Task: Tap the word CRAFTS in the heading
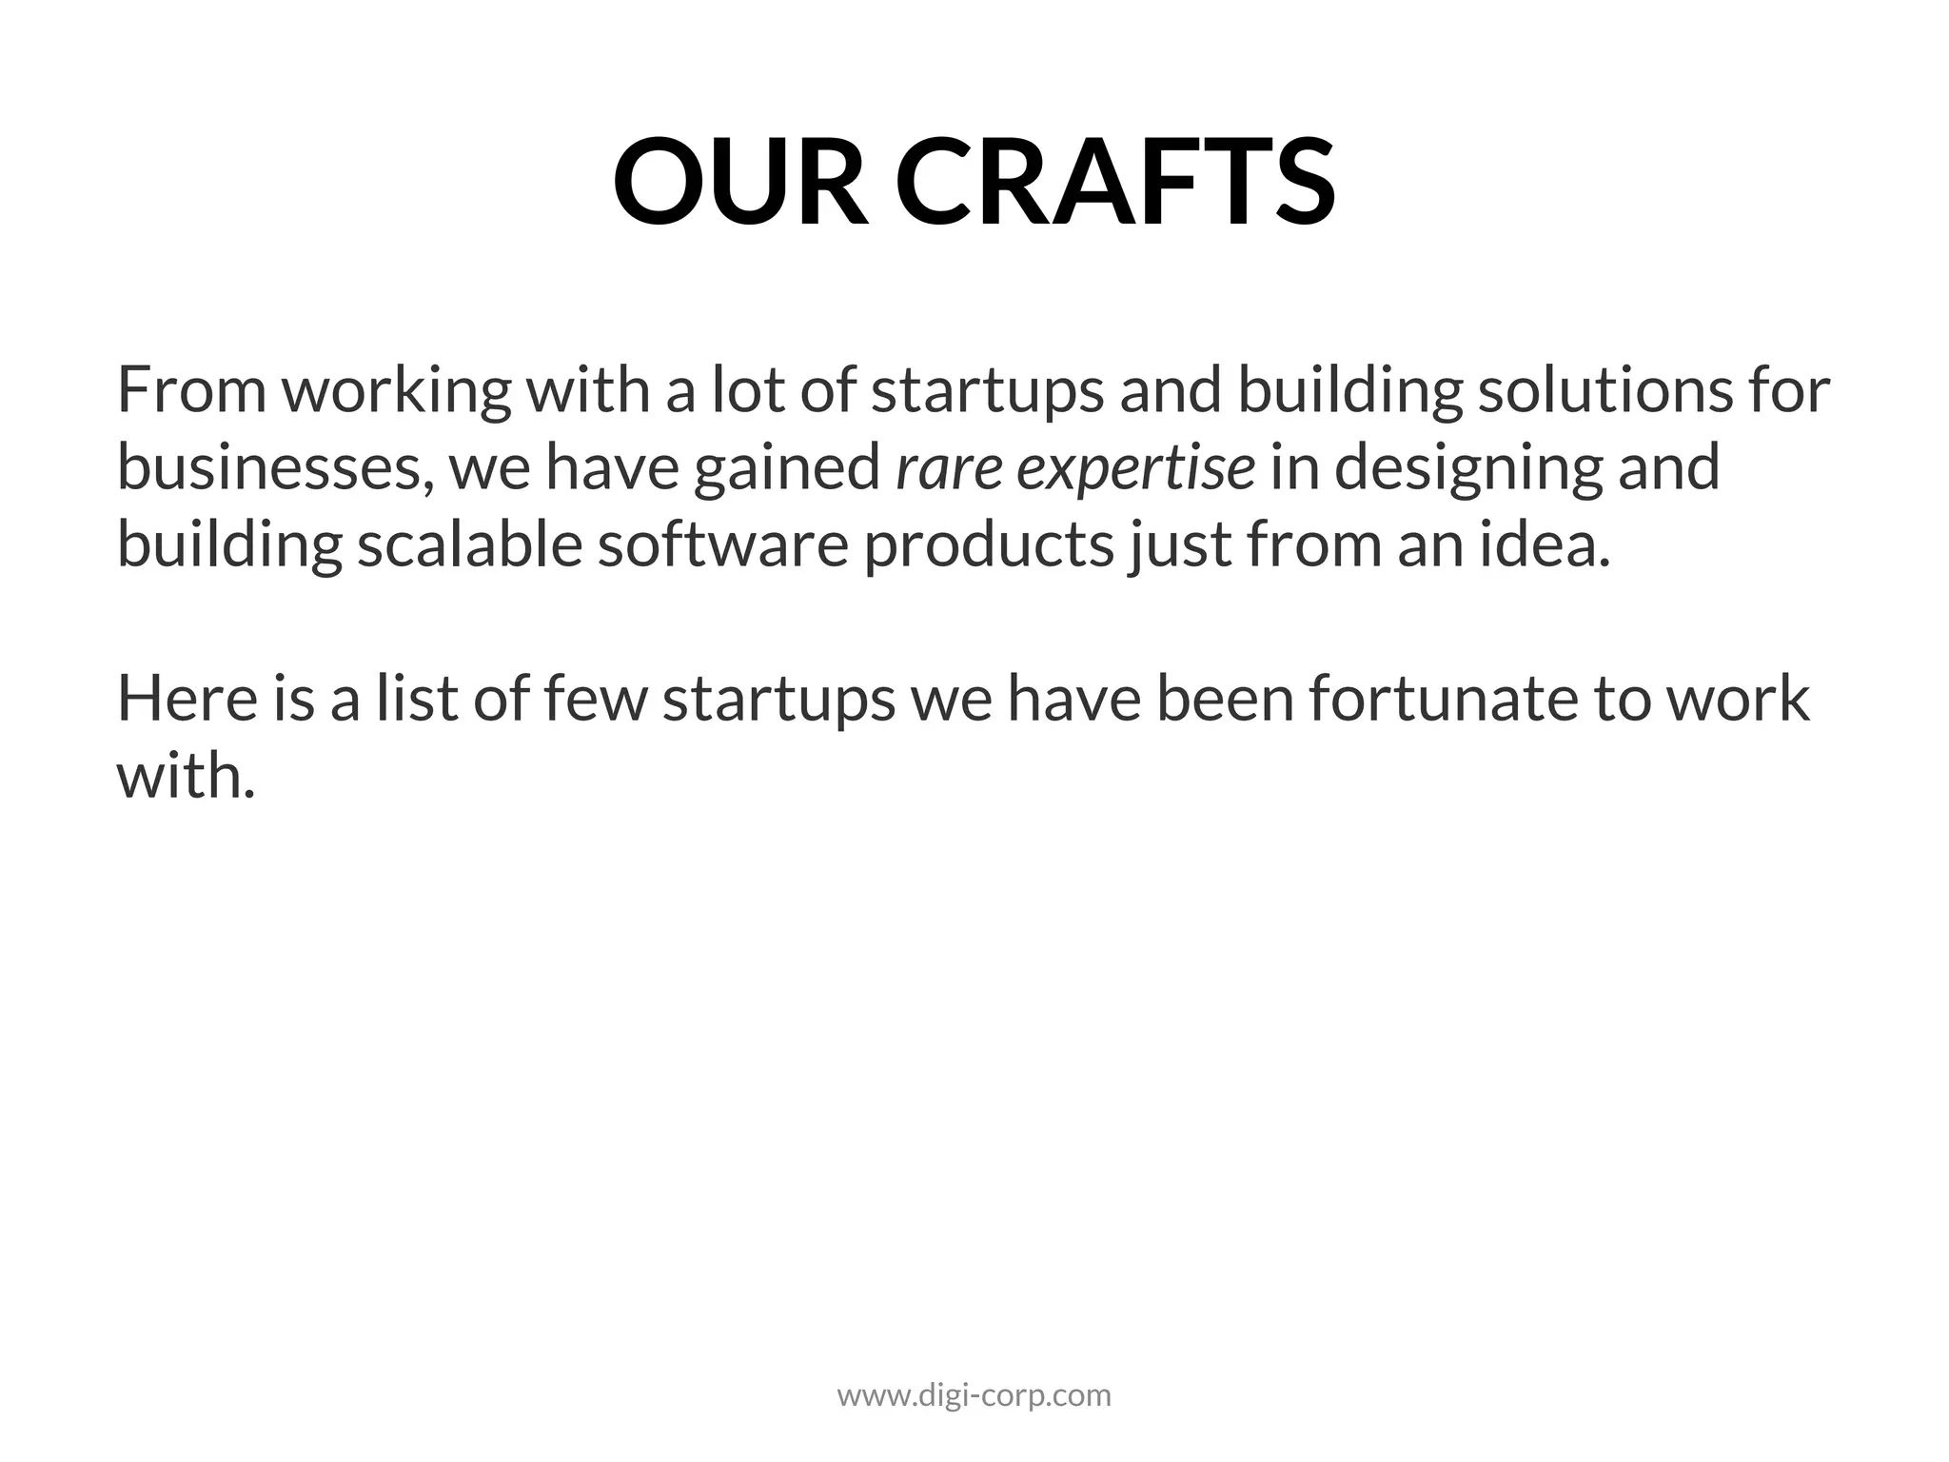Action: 1115,181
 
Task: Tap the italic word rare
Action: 948,469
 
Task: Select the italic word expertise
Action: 1136,469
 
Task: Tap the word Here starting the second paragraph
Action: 187,699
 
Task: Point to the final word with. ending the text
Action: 186,776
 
